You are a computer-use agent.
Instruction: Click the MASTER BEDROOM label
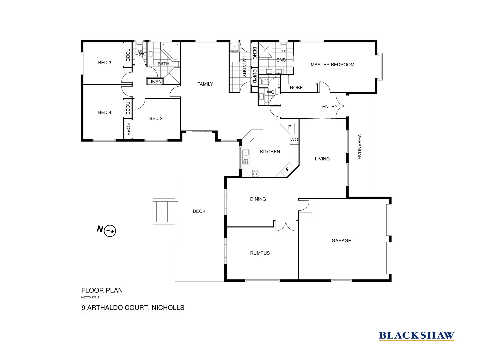pyautogui.click(x=332, y=65)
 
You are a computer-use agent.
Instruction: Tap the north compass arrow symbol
pyautogui.click(x=110, y=231)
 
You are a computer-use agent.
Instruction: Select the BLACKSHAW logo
pyautogui.click(x=416, y=335)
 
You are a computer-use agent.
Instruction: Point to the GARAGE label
pyautogui.click(x=341, y=240)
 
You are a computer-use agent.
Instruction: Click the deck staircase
pyautogui.click(x=164, y=212)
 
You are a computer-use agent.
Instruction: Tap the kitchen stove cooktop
pyautogui.click(x=256, y=174)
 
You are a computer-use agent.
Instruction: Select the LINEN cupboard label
pyautogui.click(x=155, y=82)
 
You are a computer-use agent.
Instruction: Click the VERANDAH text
pyautogui.click(x=359, y=147)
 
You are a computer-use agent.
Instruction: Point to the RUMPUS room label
pyautogui.click(x=260, y=253)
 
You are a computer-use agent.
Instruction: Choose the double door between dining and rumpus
pyautogui.click(x=286, y=226)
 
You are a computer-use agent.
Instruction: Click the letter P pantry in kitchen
pyautogui.click(x=289, y=127)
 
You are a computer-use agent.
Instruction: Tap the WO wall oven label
pyautogui.click(x=294, y=139)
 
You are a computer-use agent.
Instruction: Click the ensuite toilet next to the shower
pyautogui.click(x=284, y=48)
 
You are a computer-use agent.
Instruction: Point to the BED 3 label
pyautogui.click(x=105, y=63)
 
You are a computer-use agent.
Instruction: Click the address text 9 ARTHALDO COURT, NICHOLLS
pyautogui.click(x=133, y=308)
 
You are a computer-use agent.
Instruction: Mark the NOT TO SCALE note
pyautogui.click(x=90, y=297)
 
